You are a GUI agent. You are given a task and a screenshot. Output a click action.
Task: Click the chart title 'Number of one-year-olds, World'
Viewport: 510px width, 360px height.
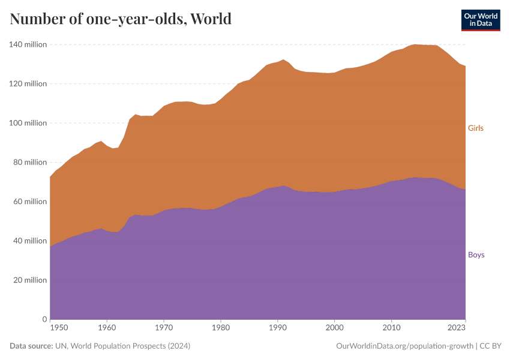121,19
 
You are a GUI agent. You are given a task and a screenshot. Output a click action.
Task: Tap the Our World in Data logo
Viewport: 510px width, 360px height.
480,20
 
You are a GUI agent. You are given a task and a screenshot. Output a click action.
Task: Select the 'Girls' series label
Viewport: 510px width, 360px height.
475,128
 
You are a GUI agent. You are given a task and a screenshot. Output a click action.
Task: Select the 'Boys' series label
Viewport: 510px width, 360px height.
476,254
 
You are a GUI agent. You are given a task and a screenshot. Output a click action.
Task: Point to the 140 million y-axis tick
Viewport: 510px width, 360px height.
28,44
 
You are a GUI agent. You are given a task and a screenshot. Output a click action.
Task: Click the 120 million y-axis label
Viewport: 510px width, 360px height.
28,84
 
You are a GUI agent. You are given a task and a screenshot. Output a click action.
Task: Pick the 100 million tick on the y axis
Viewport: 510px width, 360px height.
28,123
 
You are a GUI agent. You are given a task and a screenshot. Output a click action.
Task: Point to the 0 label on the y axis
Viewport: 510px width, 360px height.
44,319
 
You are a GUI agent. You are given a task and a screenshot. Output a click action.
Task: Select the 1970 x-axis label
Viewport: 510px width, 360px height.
164,328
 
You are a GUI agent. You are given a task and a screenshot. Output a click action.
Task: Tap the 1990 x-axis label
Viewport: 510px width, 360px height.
277,328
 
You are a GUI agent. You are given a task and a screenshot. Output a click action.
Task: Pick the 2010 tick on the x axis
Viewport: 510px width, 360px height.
391,328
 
